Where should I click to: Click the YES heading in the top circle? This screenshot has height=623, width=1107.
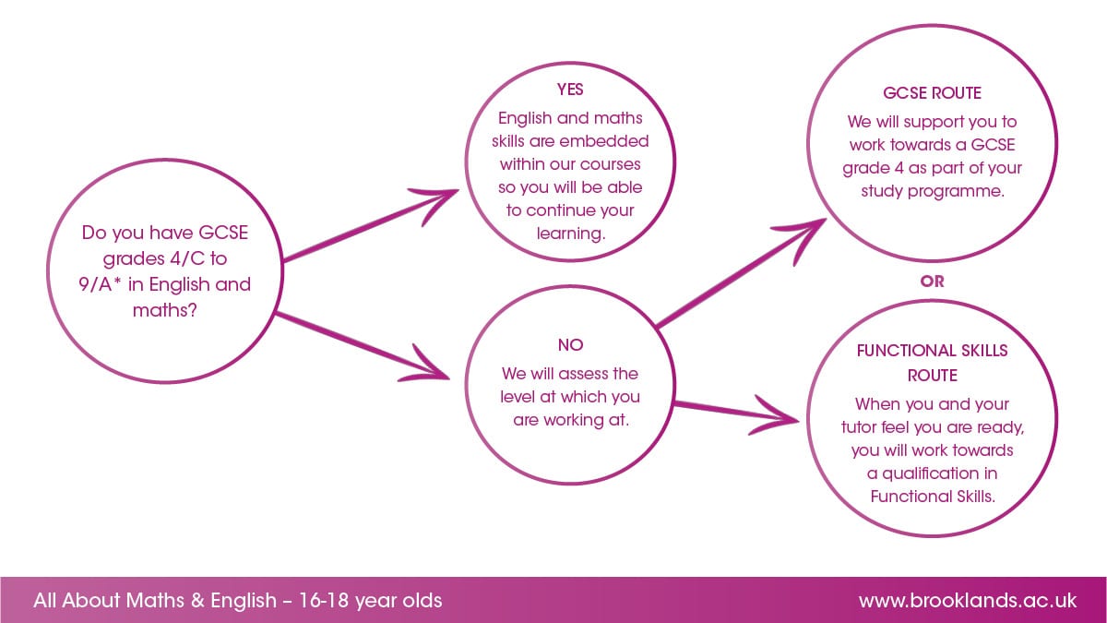pyautogui.click(x=570, y=90)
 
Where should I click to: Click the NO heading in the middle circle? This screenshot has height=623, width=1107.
pyautogui.click(x=570, y=345)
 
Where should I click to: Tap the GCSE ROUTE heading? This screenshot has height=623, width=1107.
pyautogui.click(x=932, y=93)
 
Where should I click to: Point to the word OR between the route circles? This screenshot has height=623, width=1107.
pyautogui.click(x=932, y=282)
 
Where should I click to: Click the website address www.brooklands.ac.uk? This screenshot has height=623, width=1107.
pyautogui.click(x=968, y=601)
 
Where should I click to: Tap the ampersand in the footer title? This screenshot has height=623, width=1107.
pyautogui.click(x=197, y=601)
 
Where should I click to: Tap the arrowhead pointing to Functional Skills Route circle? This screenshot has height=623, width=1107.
pyautogui.click(x=775, y=416)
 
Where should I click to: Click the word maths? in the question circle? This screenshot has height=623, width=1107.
pyautogui.click(x=165, y=310)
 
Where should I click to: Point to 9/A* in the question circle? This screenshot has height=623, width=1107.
pyautogui.click(x=101, y=284)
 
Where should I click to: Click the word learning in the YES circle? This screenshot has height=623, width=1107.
pyautogui.click(x=571, y=234)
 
